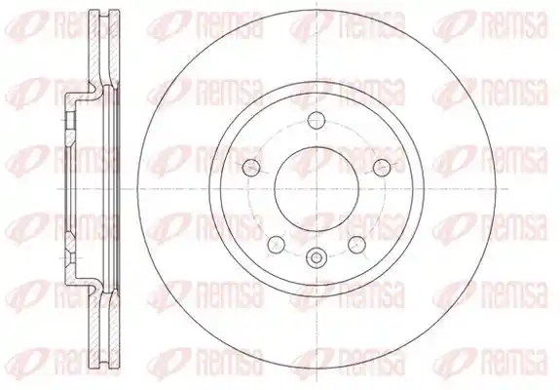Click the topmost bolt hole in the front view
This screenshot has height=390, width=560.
[317, 120]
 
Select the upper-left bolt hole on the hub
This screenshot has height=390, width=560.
[251, 167]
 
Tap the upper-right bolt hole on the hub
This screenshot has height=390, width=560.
[382, 167]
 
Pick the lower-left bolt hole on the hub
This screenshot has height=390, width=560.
[276, 244]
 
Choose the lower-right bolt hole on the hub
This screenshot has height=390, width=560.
[356, 244]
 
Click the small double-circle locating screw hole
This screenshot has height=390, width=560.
[317, 257]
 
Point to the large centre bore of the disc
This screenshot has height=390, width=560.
[317, 188]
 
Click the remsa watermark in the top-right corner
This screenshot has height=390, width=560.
[489, 25]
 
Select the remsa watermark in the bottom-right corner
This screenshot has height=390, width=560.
[489, 362]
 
